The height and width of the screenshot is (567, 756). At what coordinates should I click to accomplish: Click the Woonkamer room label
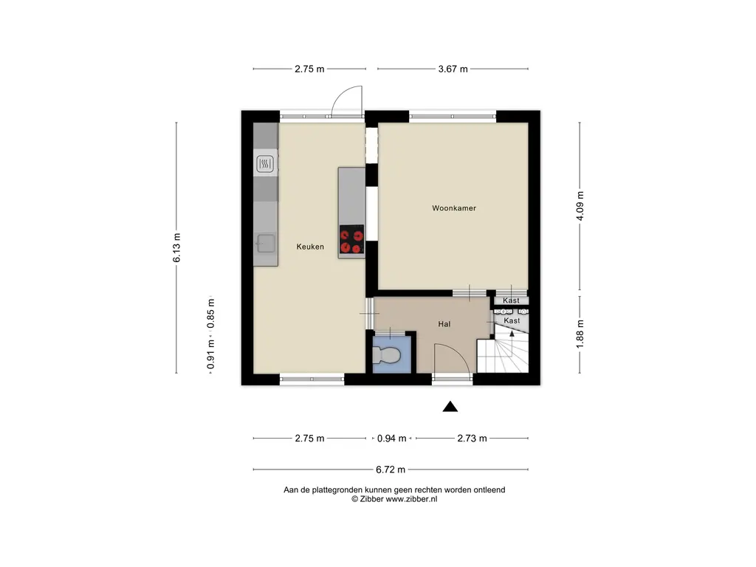coord(454,208)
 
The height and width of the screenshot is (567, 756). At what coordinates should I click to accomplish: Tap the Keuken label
coord(310,247)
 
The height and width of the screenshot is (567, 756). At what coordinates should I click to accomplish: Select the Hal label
coord(444,325)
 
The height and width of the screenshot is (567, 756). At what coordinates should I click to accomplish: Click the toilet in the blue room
coord(386,356)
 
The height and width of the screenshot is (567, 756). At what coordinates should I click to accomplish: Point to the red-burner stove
coord(351,240)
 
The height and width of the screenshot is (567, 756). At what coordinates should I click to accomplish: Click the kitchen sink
coord(266,244)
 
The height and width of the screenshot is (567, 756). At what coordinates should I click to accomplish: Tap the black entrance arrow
coord(450,407)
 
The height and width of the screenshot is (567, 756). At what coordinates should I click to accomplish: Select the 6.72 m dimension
coord(391,470)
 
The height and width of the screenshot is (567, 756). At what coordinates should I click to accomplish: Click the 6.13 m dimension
coord(176,248)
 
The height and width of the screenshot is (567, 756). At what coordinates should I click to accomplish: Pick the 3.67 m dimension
coord(453,69)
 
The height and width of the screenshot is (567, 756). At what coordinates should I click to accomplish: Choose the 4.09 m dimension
coord(580,206)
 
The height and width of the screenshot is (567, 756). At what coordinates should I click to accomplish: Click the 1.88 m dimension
coord(580,334)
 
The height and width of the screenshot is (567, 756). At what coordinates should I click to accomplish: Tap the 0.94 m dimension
coord(391,439)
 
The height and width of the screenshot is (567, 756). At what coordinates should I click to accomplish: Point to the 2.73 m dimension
coord(472,439)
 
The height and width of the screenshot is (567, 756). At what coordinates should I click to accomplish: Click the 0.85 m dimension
coord(211,313)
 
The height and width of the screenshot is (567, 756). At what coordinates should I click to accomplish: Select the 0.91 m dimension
coord(211,354)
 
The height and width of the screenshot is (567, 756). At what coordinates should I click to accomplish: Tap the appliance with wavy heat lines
coord(265,164)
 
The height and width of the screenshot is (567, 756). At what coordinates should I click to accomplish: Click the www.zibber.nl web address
coord(411,500)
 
